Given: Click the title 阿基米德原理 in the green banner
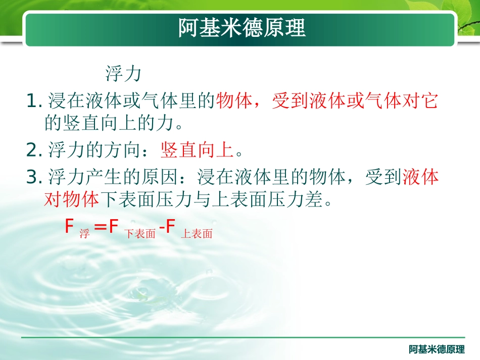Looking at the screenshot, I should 242,28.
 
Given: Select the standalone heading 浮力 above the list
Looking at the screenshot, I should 123,74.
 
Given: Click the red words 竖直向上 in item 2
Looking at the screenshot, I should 197,150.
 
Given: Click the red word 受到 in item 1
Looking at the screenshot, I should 290,102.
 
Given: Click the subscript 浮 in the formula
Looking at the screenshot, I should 84,234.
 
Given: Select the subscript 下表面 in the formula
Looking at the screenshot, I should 140,234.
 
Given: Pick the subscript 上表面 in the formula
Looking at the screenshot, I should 197,234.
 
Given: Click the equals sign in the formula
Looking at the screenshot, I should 101,227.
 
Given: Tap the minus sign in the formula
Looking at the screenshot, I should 162,228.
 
